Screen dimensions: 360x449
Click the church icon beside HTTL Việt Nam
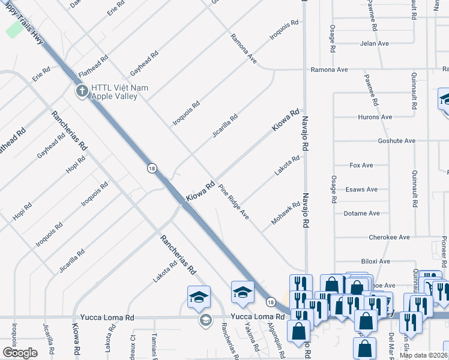click(x=82, y=92)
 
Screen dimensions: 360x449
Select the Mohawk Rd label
click(x=285, y=213)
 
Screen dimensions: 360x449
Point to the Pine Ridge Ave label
click(x=234, y=201)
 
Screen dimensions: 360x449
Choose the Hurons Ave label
click(x=375, y=117)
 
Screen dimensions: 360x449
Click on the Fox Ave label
click(x=361, y=165)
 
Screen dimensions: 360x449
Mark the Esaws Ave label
click(x=361, y=190)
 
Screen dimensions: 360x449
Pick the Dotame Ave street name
click(x=361, y=213)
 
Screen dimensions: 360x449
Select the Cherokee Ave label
click(x=389, y=238)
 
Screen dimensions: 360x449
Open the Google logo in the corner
click(x=20, y=353)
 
